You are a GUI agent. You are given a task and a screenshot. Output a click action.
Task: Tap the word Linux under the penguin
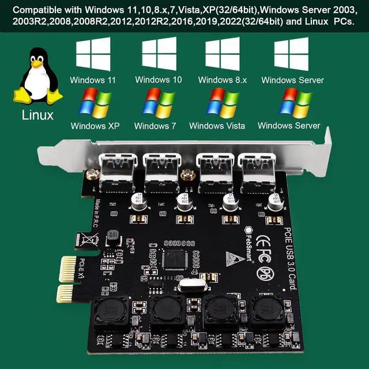click(x=38, y=115)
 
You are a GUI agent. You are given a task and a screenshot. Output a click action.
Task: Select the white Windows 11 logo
click(x=93, y=55)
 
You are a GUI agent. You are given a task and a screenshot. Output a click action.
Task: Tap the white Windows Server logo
click(x=291, y=55)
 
